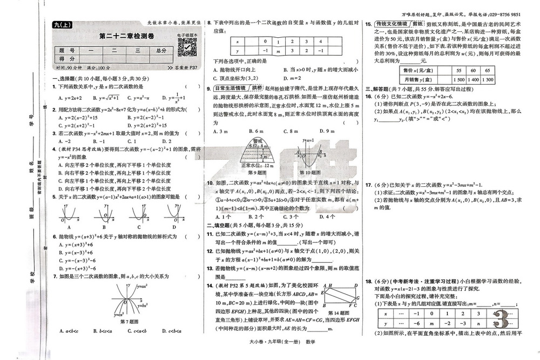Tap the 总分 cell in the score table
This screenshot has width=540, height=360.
160,50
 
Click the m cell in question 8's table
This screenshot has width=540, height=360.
278,51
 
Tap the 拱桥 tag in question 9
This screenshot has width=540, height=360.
256,88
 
